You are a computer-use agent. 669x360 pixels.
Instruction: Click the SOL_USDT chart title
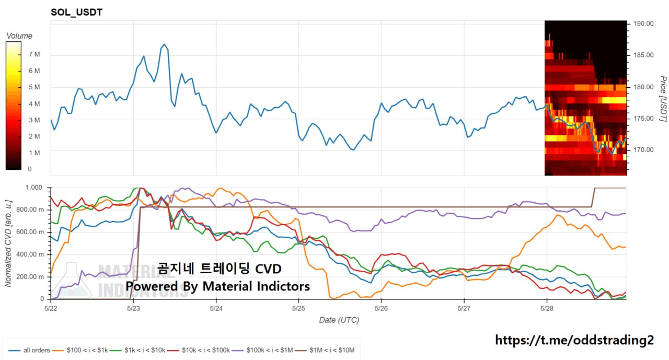[76, 13]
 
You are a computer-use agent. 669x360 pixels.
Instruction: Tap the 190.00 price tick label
[643, 24]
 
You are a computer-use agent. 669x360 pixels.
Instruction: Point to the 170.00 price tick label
[643, 150]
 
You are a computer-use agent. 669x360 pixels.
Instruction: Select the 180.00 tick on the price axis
[643, 87]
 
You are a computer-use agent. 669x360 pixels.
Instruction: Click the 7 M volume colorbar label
[34, 54]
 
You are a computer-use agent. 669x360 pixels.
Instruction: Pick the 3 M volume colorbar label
[34, 120]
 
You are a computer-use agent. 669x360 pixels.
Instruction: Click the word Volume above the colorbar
[19, 36]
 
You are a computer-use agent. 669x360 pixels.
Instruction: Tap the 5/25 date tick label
[298, 309]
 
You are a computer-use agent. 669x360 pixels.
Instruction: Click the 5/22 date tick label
[51, 309]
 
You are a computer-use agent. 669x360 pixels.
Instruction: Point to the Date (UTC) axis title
[339, 320]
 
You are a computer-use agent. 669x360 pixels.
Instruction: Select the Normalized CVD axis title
[8, 242]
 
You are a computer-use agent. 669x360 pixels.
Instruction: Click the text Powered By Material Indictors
[217, 286]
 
